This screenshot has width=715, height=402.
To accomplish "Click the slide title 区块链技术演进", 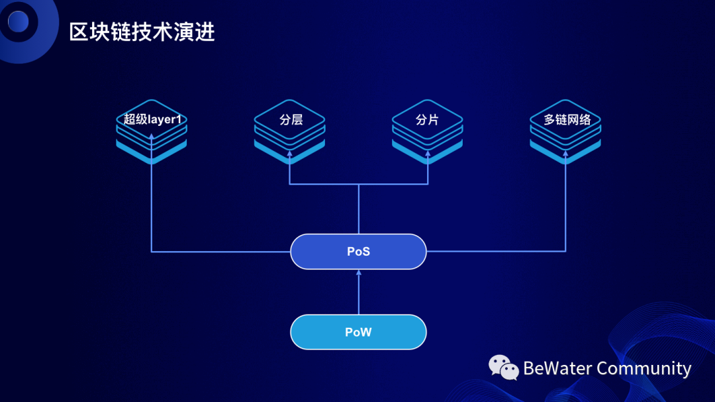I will [142, 31].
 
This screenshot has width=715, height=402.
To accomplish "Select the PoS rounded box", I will [358, 252].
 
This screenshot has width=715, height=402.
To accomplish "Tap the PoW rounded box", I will [358, 332].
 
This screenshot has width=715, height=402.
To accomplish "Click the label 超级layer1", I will [152, 120].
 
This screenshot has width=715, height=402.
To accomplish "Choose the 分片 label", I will [428, 120].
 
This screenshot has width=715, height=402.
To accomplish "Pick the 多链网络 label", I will [566, 120].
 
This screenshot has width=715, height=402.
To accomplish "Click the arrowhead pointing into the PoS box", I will [359, 272].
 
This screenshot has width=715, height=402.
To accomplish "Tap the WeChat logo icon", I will [504, 368].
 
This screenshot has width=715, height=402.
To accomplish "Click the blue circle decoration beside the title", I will [18, 22].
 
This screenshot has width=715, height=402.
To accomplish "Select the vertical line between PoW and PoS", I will [359, 295].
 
